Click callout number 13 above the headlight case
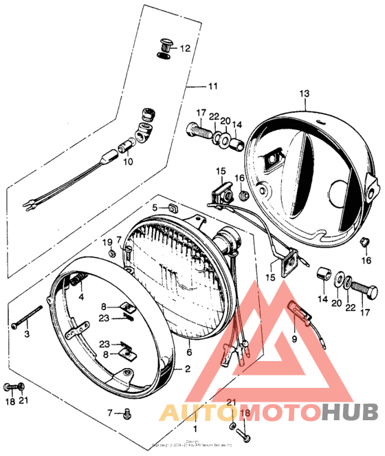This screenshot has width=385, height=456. pyautogui.click(x=305, y=93)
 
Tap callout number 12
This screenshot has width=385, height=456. pyautogui.click(x=185, y=48)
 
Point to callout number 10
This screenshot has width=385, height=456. pyautogui.click(x=127, y=163)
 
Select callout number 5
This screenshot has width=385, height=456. pyautogui.click(x=155, y=206)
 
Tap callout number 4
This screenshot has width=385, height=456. pyautogui.click(x=81, y=297)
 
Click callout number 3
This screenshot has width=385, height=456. pyautogui.click(x=27, y=334)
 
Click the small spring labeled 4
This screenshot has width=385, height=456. pyautogui.click(x=79, y=279)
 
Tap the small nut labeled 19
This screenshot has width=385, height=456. pyautogui.click(x=112, y=252)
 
